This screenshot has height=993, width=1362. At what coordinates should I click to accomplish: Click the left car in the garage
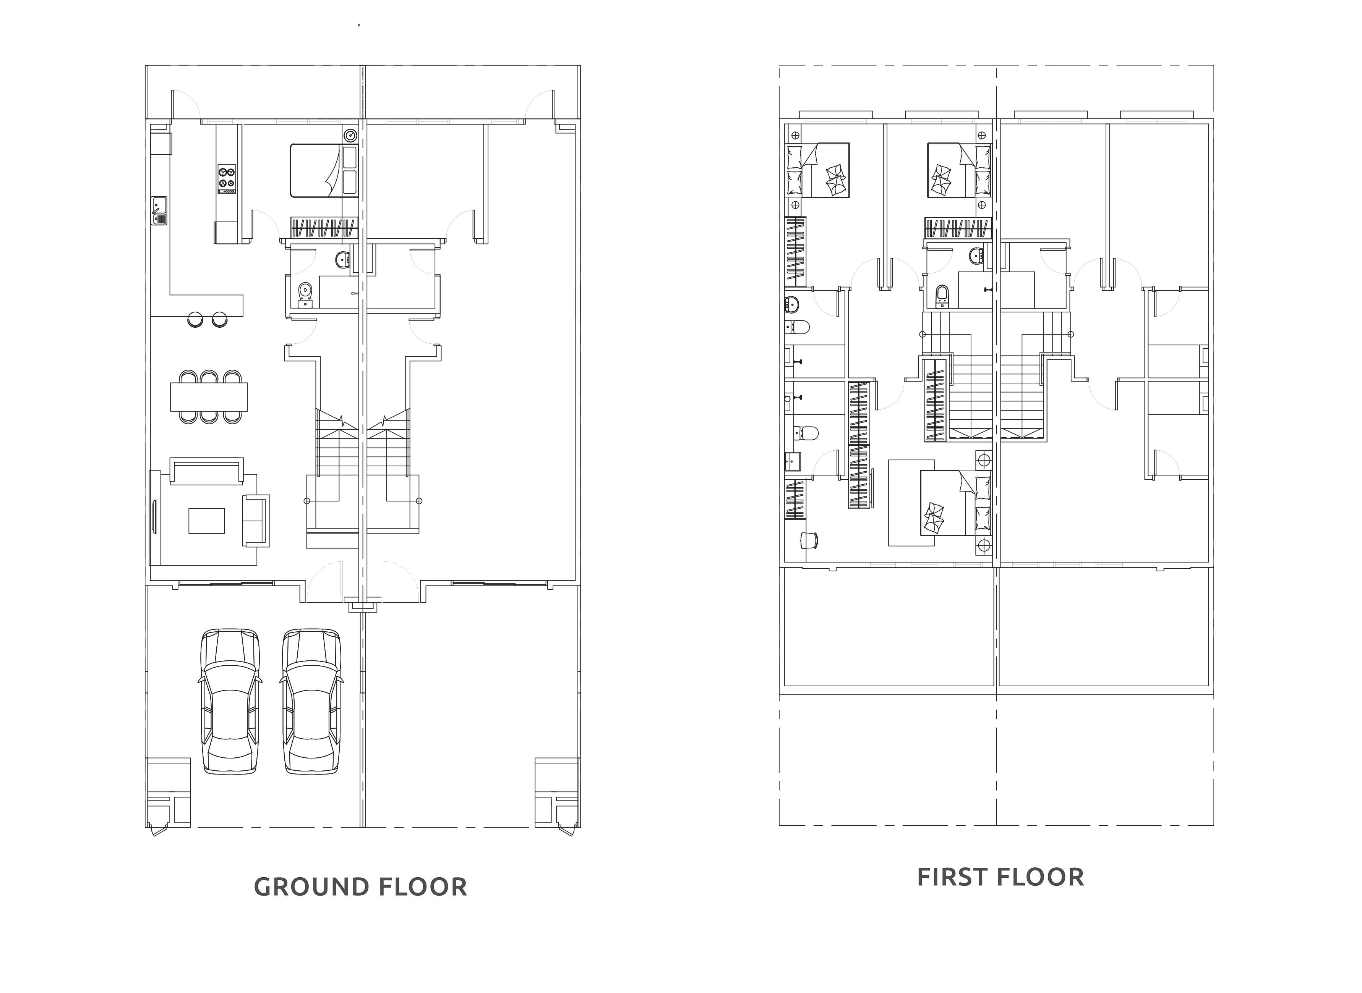[230, 702]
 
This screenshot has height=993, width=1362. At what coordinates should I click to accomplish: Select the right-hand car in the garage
[311, 702]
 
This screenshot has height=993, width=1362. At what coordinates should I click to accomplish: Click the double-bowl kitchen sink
[159, 210]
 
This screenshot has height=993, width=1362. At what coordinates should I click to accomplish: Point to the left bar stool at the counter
[195, 319]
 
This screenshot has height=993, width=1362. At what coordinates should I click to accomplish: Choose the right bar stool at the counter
[219, 319]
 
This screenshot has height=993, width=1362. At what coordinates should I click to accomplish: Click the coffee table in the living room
[206, 521]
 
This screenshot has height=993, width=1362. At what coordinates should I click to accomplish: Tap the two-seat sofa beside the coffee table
[256, 521]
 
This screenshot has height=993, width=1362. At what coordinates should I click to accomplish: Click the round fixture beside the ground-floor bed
[350, 135]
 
